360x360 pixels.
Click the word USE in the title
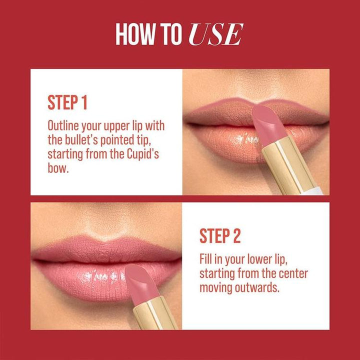(x=216, y=34)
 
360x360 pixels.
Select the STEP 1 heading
(x=67, y=102)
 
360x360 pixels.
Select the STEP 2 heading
(x=220, y=236)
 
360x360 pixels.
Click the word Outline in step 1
(x=63, y=125)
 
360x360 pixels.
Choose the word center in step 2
(x=291, y=273)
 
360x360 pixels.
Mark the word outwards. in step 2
(x=254, y=288)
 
